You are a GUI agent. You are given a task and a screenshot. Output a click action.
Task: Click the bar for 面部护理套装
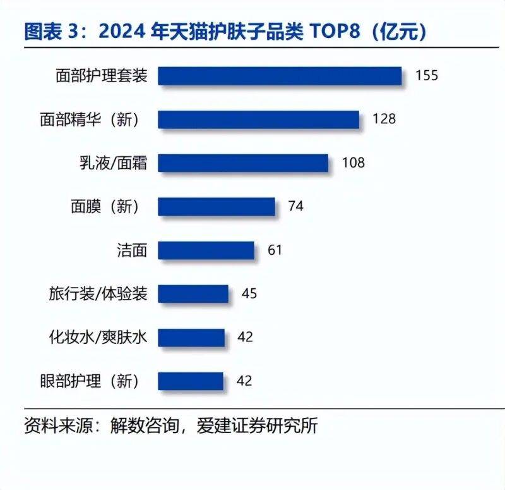[x=280, y=76]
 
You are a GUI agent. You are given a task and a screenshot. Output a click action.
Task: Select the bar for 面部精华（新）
[x=258, y=119]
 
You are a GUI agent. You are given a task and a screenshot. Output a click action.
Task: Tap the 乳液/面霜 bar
[x=243, y=163]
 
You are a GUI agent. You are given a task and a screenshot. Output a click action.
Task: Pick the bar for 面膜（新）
[x=217, y=207]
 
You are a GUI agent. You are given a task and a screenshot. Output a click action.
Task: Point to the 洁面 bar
[x=206, y=250]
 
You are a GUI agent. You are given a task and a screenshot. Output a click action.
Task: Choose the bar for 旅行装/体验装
[x=193, y=294]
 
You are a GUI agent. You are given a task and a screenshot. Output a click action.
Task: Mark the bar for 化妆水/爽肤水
[x=191, y=338]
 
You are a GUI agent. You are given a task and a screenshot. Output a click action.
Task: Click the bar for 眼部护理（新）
[x=191, y=381]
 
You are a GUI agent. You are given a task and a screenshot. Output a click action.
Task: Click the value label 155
[x=426, y=76]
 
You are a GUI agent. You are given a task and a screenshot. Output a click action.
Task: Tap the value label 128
[x=384, y=119]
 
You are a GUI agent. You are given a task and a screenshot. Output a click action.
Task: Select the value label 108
[x=353, y=162]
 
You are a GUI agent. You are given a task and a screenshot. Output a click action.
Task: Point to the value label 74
[x=295, y=206]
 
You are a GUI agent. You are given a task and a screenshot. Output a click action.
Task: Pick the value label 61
[x=275, y=250]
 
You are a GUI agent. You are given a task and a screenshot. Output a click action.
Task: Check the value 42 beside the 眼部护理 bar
[x=244, y=381]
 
